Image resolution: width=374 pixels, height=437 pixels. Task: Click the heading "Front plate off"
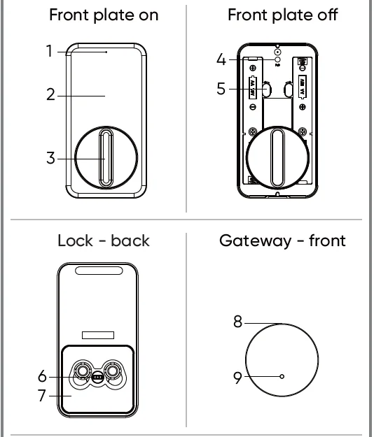pos(282,15)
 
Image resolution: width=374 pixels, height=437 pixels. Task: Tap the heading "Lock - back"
pos(103,241)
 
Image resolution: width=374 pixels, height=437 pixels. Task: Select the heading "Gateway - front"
pos(282,241)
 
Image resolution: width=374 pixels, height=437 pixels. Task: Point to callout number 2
pos(50,94)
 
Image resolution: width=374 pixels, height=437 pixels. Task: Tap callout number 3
pos(50,158)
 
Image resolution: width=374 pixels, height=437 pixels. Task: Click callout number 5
pos(221,89)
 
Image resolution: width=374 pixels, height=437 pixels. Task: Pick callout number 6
pos(42,377)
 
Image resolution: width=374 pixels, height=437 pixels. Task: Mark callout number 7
pos(42,396)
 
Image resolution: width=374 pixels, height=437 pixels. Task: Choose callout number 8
pos(237,322)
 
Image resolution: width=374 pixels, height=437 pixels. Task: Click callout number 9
pos(237,378)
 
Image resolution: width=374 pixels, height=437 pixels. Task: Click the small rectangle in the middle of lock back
pos(98,336)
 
